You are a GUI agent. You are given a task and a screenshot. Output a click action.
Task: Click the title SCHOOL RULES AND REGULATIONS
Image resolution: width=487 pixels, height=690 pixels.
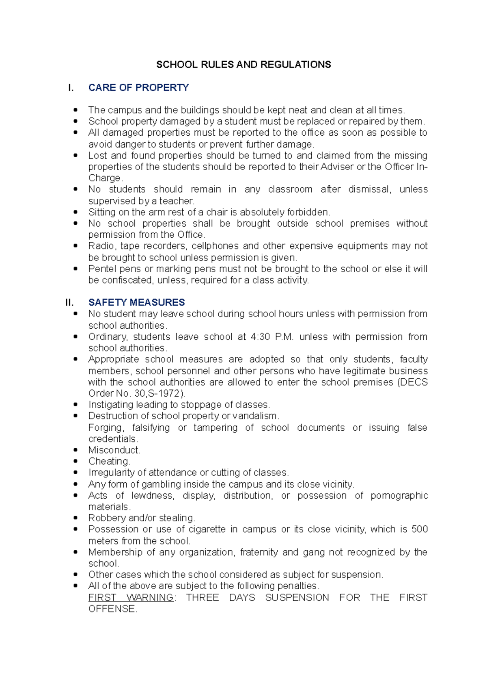pos(243,65)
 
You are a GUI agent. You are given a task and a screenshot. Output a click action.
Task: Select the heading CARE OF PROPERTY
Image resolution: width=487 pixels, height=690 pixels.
pos(138,88)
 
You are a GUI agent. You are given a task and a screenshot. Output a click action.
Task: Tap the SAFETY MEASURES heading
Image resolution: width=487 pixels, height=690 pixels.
pos(136,302)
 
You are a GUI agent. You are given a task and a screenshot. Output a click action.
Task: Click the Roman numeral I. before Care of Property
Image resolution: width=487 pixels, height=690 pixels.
pos(71,88)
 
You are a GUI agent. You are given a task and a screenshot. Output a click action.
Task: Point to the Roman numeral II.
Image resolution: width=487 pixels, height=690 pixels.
pos(69,302)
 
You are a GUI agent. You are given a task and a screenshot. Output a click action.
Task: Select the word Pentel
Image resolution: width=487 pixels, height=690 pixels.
pos(101,269)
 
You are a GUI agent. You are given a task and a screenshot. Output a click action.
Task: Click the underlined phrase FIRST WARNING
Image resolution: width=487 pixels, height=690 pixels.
pos(131,598)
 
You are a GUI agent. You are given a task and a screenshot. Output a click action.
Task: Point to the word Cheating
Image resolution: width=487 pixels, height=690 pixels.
pos(109,462)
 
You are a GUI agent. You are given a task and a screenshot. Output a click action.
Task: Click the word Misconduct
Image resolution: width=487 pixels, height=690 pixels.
pos(114,450)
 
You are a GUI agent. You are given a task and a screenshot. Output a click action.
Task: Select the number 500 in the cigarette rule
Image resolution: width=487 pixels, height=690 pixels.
pos(419,529)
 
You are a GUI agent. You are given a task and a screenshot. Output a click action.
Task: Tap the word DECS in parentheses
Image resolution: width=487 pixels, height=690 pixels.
pos(413,382)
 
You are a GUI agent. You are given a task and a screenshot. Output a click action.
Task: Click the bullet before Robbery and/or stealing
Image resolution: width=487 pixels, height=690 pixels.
pos(75,518)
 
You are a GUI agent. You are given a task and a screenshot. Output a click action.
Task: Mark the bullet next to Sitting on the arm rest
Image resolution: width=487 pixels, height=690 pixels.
pos(75,212)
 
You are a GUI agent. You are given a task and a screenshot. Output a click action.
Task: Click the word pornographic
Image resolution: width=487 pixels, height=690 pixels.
pos(399,496)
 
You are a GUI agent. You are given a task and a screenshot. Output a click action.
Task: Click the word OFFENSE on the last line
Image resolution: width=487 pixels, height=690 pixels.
pos(112,609)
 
